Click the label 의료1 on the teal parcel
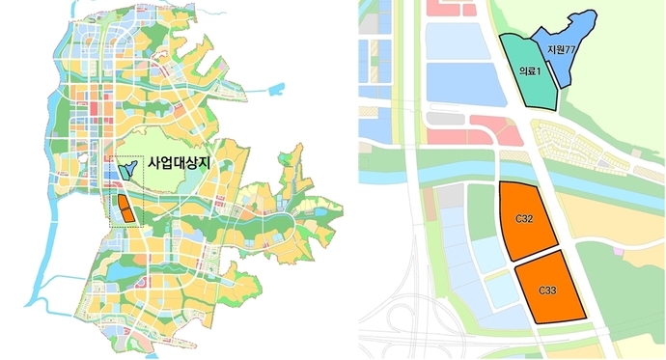tap(528, 70)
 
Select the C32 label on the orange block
tap(526, 220)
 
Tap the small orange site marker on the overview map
tap(124, 208)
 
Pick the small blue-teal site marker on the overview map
tap(125, 171)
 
